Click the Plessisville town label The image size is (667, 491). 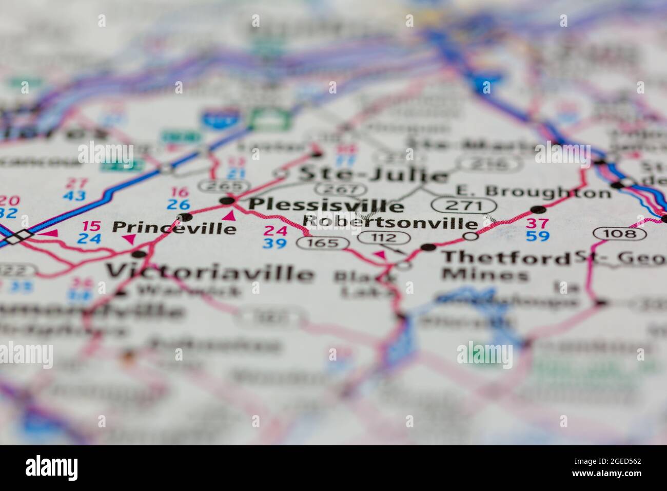(325, 205)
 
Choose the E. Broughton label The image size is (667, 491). (533, 192)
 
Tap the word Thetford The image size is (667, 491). (505, 257)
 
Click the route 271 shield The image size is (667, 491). (463, 205)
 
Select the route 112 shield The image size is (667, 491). (385, 237)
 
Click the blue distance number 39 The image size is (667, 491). (274, 244)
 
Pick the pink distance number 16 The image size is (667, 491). (180, 193)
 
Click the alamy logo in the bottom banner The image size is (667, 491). (52, 467)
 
